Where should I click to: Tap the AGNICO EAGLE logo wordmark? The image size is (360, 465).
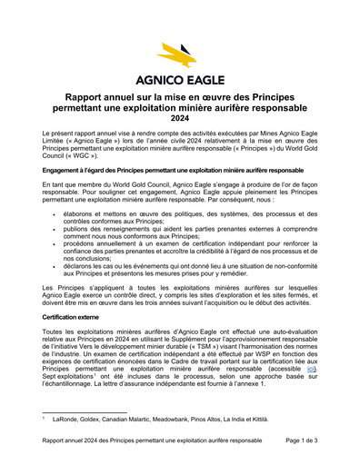[x=180, y=78]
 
